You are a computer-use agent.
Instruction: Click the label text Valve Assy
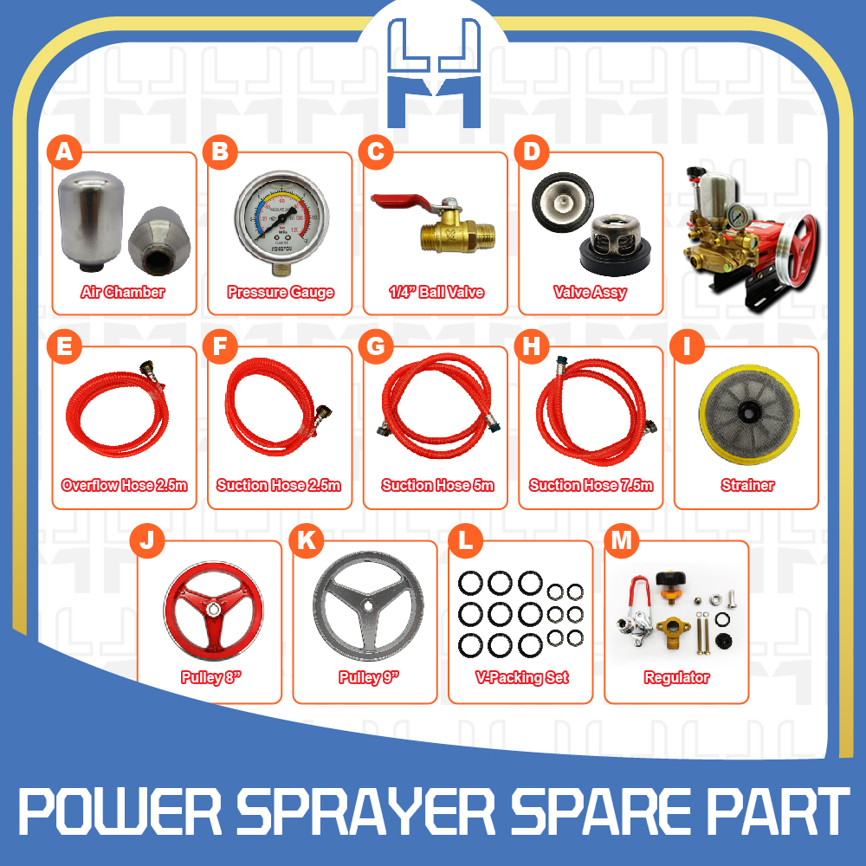click(x=590, y=293)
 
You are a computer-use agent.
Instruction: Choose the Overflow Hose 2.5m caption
click(x=124, y=486)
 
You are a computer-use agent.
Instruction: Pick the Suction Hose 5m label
click(x=437, y=486)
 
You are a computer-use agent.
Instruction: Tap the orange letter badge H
click(x=531, y=346)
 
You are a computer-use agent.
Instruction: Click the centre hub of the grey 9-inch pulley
click(x=365, y=609)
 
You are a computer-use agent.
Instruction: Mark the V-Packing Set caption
click(x=520, y=678)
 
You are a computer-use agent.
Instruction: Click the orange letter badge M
click(x=621, y=541)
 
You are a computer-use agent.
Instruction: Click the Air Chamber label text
click(x=123, y=293)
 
